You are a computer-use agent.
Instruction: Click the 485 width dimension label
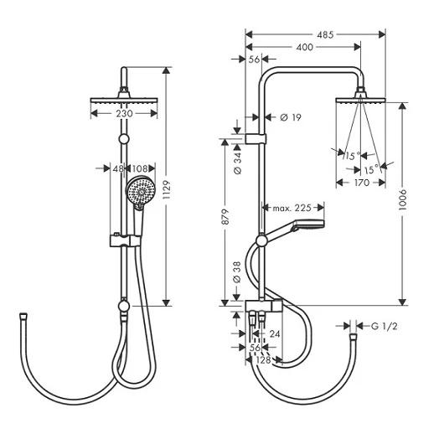[325, 35]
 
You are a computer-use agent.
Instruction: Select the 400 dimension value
[304, 47]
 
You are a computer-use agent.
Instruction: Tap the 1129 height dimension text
[167, 189]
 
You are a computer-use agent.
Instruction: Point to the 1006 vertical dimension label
[402, 199]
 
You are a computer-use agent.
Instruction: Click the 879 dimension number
[225, 217]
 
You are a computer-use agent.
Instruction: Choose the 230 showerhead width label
[124, 114]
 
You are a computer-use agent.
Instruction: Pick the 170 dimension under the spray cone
[362, 183]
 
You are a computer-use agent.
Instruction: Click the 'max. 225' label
[292, 208]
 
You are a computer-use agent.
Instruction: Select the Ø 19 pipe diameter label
[291, 117]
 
